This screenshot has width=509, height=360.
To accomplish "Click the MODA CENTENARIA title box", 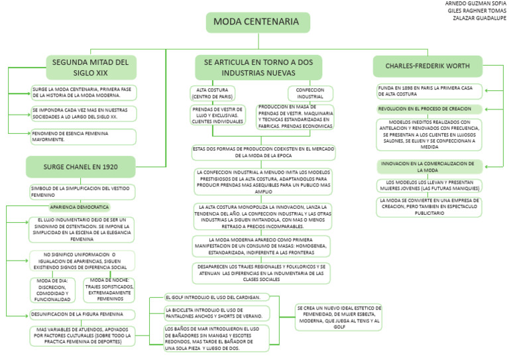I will pyautogui.click(x=261, y=23).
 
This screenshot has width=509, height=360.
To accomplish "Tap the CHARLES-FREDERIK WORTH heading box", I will pyautogui.click(x=427, y=66).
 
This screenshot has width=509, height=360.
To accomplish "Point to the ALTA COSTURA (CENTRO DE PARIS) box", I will pyautogui.click(x=216, y=93).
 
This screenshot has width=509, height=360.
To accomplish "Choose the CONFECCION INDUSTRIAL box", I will pyautogui.click(x=310, y=93).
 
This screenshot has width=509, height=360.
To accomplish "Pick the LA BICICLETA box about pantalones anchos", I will pyautogui.click(x=217, y=313).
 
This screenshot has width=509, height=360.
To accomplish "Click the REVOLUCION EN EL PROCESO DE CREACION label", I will pyautogui.click(x=425, y=109).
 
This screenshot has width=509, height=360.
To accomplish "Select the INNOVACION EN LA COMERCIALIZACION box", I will pyautogui.click(x=427, y=166).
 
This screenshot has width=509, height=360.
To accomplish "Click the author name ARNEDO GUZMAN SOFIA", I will pyautogui.click(x=475, y=3).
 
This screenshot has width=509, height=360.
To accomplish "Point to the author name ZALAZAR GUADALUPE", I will pyautogui.click(x=479, y=18).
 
